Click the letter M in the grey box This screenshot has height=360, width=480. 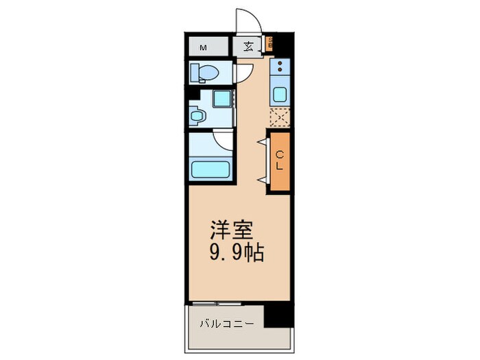click(204, 48)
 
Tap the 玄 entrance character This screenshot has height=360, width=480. click(248, 47)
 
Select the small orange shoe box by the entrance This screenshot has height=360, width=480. click(269, 46)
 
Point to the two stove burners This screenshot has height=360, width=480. click(280, 67)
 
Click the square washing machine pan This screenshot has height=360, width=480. click(222, 99)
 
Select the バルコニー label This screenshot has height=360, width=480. click(227, 323)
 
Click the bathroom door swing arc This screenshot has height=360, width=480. click(224, 140)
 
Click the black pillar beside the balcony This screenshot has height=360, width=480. click(278, 315)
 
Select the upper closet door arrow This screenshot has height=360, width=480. click(261, 143)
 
